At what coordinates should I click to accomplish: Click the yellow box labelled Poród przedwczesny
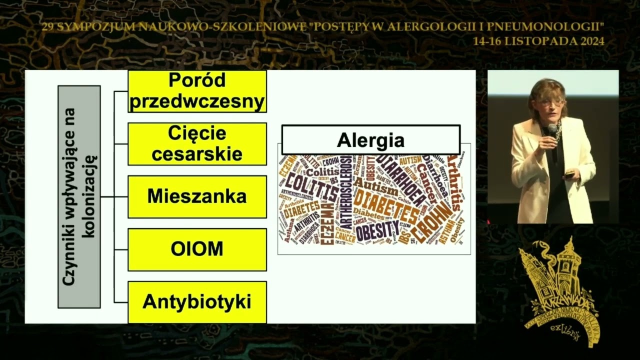(x=197, y=91)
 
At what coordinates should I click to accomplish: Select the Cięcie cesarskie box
(x=197, y=144)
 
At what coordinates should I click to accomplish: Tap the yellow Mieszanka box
(x=197, y=196)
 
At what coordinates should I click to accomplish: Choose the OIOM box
(x=197, y=249)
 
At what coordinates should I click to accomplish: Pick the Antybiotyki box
(x=197, y=302)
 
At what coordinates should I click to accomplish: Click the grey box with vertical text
(x=79, y=196)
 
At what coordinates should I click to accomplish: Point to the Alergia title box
(x=370, y=140)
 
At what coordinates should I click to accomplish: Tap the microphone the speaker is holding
(x=552, y=131)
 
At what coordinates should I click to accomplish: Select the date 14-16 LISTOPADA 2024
(x=538, y=41)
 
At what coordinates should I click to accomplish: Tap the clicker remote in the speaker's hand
(x=569, y=174)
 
